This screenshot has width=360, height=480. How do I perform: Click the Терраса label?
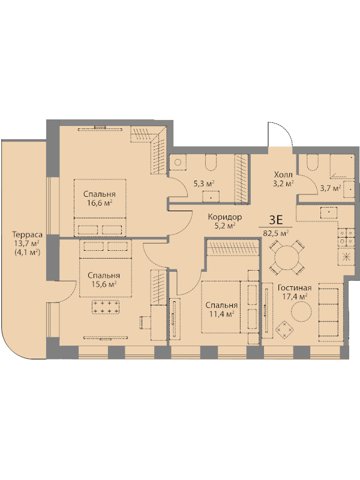click(27, 235)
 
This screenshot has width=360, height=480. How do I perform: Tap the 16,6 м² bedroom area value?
click(99, 203)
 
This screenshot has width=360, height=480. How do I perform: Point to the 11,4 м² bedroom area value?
click(221, 313)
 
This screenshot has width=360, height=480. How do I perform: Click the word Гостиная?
click(295, 288)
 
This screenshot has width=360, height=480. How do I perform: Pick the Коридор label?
click(224, 217)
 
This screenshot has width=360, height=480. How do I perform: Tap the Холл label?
click(283, 175)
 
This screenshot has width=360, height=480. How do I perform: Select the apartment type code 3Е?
click(275, 220)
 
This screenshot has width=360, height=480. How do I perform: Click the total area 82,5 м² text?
click(276, 233)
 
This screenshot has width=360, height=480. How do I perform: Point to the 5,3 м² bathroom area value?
click(204, 184)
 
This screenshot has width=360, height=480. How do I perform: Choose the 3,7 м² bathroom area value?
click(331, 188)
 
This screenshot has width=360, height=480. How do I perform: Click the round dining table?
click(287, 257)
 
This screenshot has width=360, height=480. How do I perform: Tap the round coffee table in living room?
click(301, 311)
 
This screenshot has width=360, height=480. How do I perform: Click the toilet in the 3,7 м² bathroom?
click(313, 162)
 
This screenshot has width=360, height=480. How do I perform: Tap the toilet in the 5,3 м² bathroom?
click(211, 162)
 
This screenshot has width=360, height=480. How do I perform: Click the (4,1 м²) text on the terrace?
click(27, 253)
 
